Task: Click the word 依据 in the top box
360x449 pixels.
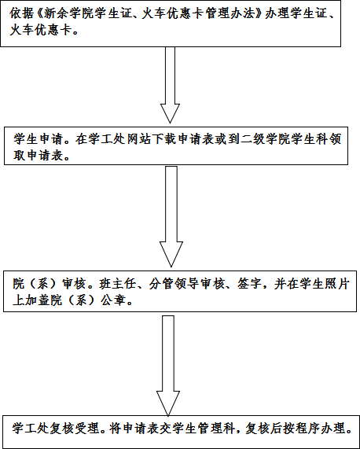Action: [21, 13]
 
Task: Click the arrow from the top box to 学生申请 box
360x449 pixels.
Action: [170, 85]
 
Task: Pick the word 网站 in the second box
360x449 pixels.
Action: [139, 140]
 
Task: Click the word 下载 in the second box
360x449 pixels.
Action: [165, 140]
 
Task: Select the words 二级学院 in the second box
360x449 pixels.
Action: [266, 140]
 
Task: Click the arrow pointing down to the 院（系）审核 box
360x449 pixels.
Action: [171, 216]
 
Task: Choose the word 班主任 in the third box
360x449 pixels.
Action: [118, 285]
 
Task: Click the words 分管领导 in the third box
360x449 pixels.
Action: [174, 285]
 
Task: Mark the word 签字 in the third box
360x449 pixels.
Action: [249, 285]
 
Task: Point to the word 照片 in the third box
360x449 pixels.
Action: [337, 285]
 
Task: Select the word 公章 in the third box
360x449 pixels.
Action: [112, 300]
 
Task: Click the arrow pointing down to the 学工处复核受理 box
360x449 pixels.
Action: [168, 366]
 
